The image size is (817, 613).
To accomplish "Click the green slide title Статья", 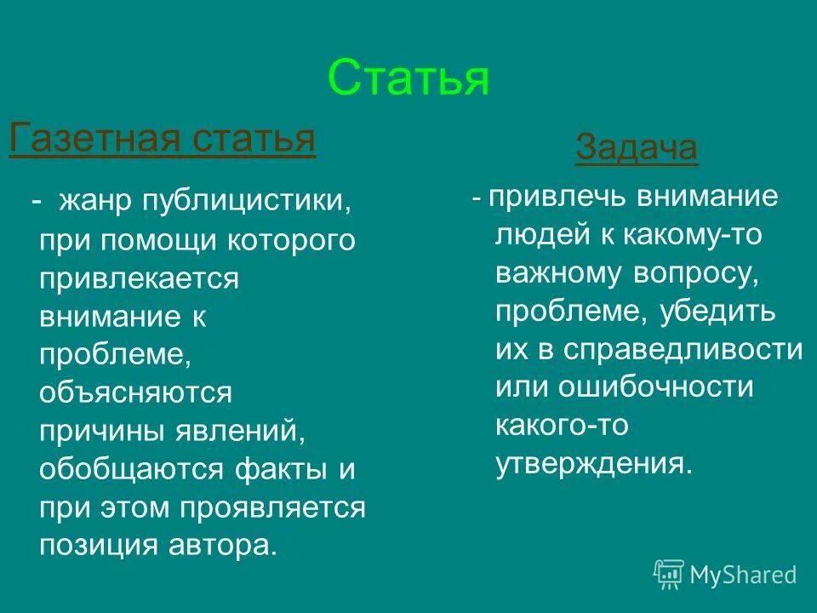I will click(x=408, y=78).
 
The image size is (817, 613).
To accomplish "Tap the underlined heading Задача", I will click(x=636, y=149).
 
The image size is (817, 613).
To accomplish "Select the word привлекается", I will click(x=140, y=279).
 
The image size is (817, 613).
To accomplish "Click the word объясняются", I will click(x=135, y=393).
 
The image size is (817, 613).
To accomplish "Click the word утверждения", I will click(x=591, y=464).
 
